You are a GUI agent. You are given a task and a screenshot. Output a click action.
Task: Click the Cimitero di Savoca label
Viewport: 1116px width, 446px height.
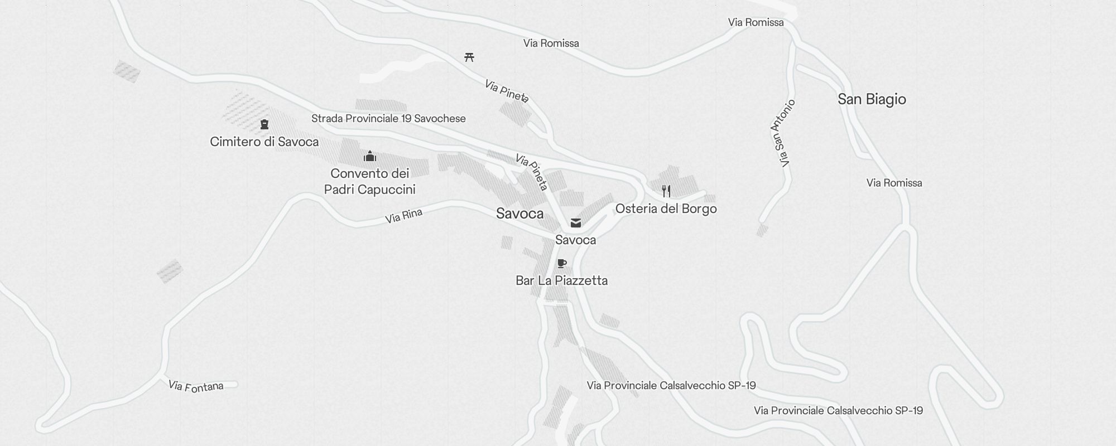tap(264, 142)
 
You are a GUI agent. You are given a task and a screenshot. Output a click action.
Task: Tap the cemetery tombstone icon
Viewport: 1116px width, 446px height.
tap(264, 124)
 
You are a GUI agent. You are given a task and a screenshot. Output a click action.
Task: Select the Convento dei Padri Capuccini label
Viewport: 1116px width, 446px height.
tap(369, 182)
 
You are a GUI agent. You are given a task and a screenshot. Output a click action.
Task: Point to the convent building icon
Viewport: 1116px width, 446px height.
tap(369, 157)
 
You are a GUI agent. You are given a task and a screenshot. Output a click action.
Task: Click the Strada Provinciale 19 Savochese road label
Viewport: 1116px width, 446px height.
tap(388, 118)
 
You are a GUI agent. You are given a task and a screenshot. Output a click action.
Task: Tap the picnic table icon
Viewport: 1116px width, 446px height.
tap(469, 57)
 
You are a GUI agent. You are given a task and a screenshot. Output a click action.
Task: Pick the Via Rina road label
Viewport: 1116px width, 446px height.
tap(403, 216)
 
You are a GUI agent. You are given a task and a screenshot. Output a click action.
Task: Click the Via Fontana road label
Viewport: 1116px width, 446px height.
tap(196, 386)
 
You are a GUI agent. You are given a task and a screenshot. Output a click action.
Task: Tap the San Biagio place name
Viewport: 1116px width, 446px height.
tap(872, 99)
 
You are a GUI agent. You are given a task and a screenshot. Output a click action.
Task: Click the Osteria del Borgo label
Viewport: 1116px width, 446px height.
tap(666, 209)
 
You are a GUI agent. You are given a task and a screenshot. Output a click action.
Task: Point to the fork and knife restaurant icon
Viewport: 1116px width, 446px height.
tap(666, 191)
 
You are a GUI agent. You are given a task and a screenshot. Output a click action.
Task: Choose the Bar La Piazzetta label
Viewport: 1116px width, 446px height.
tap(561, 280)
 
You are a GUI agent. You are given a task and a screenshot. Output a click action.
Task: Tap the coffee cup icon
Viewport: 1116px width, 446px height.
tap(562, 263)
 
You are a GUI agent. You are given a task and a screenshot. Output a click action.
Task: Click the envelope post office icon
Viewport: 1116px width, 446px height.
tap(576, 223)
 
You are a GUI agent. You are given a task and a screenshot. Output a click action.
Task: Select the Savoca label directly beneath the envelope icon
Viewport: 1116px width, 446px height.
tap(575, 240)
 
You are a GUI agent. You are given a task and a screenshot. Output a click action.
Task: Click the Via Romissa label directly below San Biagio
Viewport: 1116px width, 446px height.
tap(894, 183)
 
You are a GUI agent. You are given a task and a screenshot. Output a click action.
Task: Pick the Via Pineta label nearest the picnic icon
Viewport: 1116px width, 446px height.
tap(506, 91)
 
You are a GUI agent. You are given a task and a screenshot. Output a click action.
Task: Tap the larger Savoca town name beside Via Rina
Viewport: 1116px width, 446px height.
tap(519, 214)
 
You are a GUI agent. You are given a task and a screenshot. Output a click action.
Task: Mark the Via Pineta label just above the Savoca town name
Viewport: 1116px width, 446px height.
tap(532, 172)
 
